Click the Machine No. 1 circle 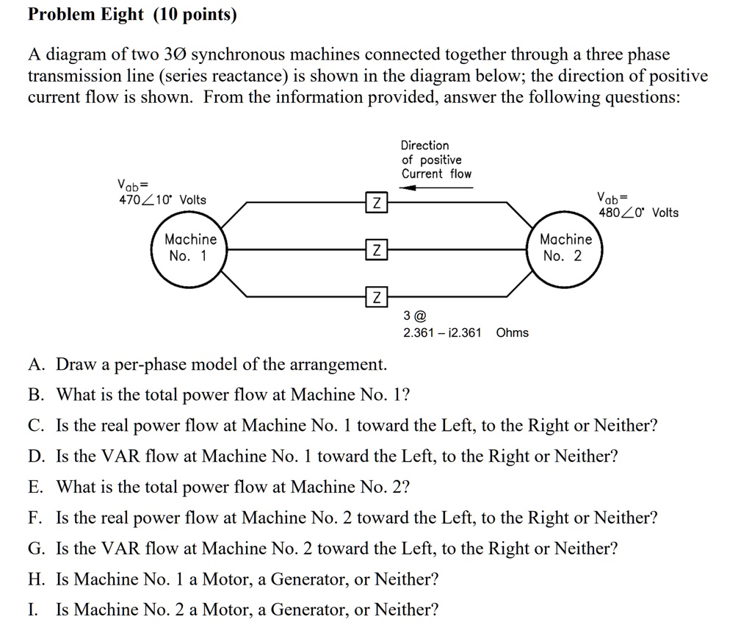coord(190,249)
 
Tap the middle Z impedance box coord(375,250)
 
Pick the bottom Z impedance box coord(375,296)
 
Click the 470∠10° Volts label coord(162,200)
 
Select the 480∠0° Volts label coord(638,213)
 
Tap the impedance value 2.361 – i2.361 coord(443,332)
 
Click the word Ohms coord(512,332)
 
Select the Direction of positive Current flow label coord(435,160)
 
